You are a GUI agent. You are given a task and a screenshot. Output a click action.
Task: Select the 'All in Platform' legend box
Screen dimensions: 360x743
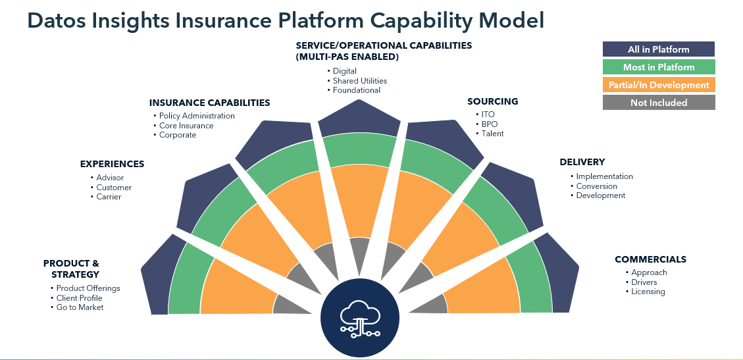coord(658,49)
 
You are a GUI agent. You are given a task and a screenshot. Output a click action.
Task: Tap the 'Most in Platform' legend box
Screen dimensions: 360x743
coord(658,67)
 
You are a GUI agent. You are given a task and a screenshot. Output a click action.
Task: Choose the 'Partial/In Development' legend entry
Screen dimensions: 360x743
coord(658,85)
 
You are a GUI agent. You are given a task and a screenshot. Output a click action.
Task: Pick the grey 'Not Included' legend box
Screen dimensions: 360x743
coord(658,103)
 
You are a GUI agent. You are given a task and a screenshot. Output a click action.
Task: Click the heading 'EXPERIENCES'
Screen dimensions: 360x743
coord(112,164)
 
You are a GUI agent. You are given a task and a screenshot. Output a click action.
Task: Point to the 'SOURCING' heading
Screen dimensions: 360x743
coord(492,101)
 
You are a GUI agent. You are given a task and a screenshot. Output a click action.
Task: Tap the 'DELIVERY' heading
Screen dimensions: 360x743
coord(582,162)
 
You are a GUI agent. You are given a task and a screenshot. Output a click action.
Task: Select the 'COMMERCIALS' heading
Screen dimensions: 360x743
coord(650,259)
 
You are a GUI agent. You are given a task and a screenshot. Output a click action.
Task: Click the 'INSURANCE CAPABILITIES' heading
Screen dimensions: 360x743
coord(209,103)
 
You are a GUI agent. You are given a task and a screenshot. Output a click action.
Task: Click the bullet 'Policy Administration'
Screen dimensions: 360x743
coord(197,116)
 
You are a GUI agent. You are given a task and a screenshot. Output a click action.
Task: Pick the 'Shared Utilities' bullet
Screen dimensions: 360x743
coord(360,80)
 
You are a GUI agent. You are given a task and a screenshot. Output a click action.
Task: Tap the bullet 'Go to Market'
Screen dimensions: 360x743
coord(80,307)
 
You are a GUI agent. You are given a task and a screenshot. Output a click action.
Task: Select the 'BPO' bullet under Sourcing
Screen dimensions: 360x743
coord(489,124)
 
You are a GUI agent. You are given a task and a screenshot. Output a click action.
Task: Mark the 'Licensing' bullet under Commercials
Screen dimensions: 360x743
coord(648,292)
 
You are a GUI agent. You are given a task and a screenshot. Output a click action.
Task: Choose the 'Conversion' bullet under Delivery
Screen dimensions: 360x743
coord(596,186)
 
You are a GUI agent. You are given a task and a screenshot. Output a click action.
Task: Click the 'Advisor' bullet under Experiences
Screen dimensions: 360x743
coord(110,178)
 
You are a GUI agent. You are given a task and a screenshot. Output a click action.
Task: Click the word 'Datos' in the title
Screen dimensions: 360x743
coord(57,20)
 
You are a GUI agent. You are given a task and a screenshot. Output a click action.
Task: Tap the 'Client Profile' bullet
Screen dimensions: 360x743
coord(79,298)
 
